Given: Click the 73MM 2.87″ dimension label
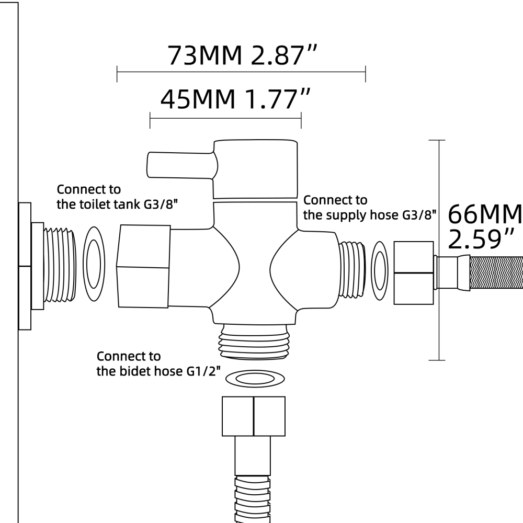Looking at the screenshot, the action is point(242,55).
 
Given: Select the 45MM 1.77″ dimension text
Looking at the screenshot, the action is point(235,99).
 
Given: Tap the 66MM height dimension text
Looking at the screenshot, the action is point(485,214).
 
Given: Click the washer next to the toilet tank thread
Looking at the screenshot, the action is point(94,264).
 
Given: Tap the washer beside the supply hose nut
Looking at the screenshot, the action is point(380,270).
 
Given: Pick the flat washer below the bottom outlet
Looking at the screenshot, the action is point(255,379).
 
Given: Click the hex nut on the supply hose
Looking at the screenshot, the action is point(414,273).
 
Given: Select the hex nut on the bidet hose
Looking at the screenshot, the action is point(254,416).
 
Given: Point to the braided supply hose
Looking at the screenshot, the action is point(496,273).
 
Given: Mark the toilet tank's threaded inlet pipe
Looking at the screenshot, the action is point(60,265).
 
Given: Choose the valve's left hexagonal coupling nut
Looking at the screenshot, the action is point(143,266).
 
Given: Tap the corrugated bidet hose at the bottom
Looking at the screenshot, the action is point(253,499).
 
